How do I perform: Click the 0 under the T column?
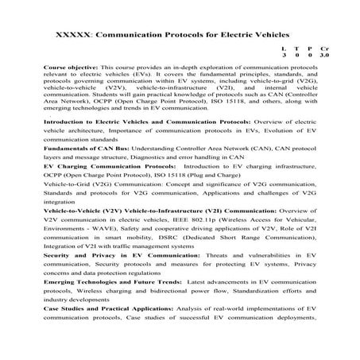[296, 56]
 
